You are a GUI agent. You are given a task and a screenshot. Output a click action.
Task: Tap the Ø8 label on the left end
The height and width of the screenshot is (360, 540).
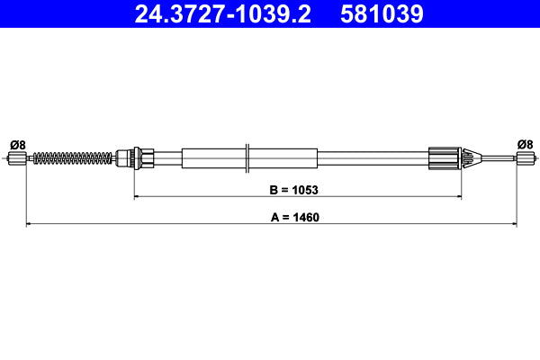[16, 144]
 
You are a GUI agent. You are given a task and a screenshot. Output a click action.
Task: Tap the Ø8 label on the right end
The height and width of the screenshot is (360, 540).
[525, 144]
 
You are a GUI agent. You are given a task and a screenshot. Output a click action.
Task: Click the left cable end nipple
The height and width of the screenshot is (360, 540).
[16, 159]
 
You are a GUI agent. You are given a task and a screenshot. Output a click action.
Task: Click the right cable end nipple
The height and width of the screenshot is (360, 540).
[524, 159]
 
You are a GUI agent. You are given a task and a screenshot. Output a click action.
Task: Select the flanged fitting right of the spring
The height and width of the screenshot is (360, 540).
[135, 159]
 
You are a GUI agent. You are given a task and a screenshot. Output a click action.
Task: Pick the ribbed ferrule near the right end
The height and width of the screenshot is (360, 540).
[445, 159]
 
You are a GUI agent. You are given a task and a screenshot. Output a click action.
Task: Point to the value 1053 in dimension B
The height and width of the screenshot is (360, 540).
[307, 190]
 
